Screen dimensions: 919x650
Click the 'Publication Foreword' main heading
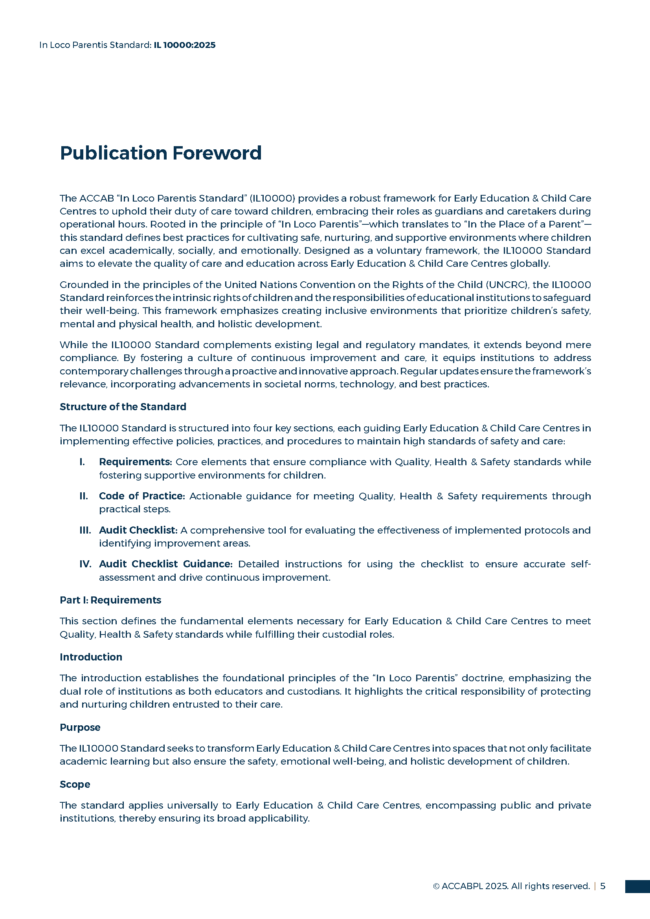tap(160, 153)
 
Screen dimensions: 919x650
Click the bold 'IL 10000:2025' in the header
tap(185, 45)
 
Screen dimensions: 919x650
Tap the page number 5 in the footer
tap(602, 886)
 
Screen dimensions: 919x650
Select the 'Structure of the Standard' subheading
tap(123, 407)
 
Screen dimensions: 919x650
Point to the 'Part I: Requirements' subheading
tap(110, 600)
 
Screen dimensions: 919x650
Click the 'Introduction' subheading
tap(91, 657)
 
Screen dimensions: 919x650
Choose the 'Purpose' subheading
tap(80, 727)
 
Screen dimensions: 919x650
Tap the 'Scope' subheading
tap(75, 784)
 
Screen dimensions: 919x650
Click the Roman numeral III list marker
tap(85, 530)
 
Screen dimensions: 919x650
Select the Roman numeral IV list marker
tap(85, 564)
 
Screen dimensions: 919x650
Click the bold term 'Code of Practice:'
tap(142, 496)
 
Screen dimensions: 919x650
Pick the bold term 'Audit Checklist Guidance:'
tap(166, 564)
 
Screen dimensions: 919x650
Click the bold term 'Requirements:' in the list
tap(135, 462)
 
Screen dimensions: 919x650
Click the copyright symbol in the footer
tap(436, 886)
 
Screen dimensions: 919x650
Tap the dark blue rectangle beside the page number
tap(637, 886)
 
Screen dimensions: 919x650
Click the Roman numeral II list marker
tap(84, 496)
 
